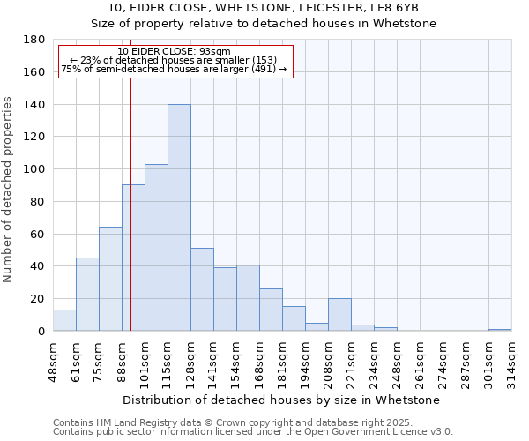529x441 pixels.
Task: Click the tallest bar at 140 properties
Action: click(179, 218)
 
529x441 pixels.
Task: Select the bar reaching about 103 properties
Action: click(156, 248)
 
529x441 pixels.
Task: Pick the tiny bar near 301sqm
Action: click(500, 330)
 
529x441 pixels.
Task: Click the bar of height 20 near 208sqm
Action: click(339, 315)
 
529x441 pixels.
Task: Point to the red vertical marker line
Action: click(130, 203)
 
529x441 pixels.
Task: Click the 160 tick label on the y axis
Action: click(34, 72)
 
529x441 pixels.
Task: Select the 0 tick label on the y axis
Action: click(41, 331)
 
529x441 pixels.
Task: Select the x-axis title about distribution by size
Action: click(281, 400)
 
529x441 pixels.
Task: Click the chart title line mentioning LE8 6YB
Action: click(264, 8)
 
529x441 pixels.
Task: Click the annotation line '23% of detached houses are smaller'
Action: click(174, 60)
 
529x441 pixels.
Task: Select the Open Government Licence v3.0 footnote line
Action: click(253, 432)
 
